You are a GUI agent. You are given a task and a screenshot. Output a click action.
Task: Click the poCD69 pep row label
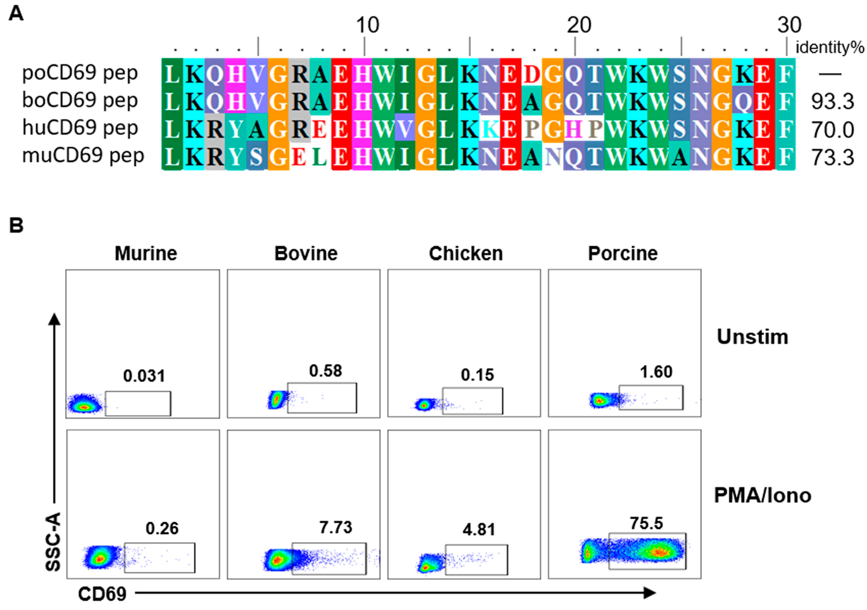click(x=80, y=73)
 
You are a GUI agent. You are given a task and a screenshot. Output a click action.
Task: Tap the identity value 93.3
click(x=832, y=101)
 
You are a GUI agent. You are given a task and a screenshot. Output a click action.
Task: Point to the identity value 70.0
click(x=832, y=130)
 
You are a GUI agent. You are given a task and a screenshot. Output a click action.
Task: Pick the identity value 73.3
click(x=832, y=157)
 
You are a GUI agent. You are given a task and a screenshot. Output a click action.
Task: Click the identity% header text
click(x=830, y=48)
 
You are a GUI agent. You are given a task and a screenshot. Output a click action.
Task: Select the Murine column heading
click(x=146, y=253)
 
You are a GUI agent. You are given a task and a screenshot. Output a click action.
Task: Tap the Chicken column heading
click(x=466, y=253)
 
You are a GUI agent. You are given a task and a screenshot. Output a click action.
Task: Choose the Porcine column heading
click(x=623, y=253)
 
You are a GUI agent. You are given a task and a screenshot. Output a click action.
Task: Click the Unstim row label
click(x=752, y=336)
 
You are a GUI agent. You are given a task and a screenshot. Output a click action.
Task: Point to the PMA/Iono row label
click(x=762, y=495)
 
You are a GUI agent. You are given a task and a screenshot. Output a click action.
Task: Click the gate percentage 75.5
click(x=646, y=523)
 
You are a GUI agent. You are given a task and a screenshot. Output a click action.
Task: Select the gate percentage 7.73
click(x=335, y=527)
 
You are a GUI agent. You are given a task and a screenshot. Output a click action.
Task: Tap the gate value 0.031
click(x=144, y=376)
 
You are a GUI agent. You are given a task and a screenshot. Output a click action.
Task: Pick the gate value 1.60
click(x=656, y=372)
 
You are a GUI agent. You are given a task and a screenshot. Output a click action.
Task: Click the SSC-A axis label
click(x=53, y=541)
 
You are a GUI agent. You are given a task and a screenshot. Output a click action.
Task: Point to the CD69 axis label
click(x=102, y=594)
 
